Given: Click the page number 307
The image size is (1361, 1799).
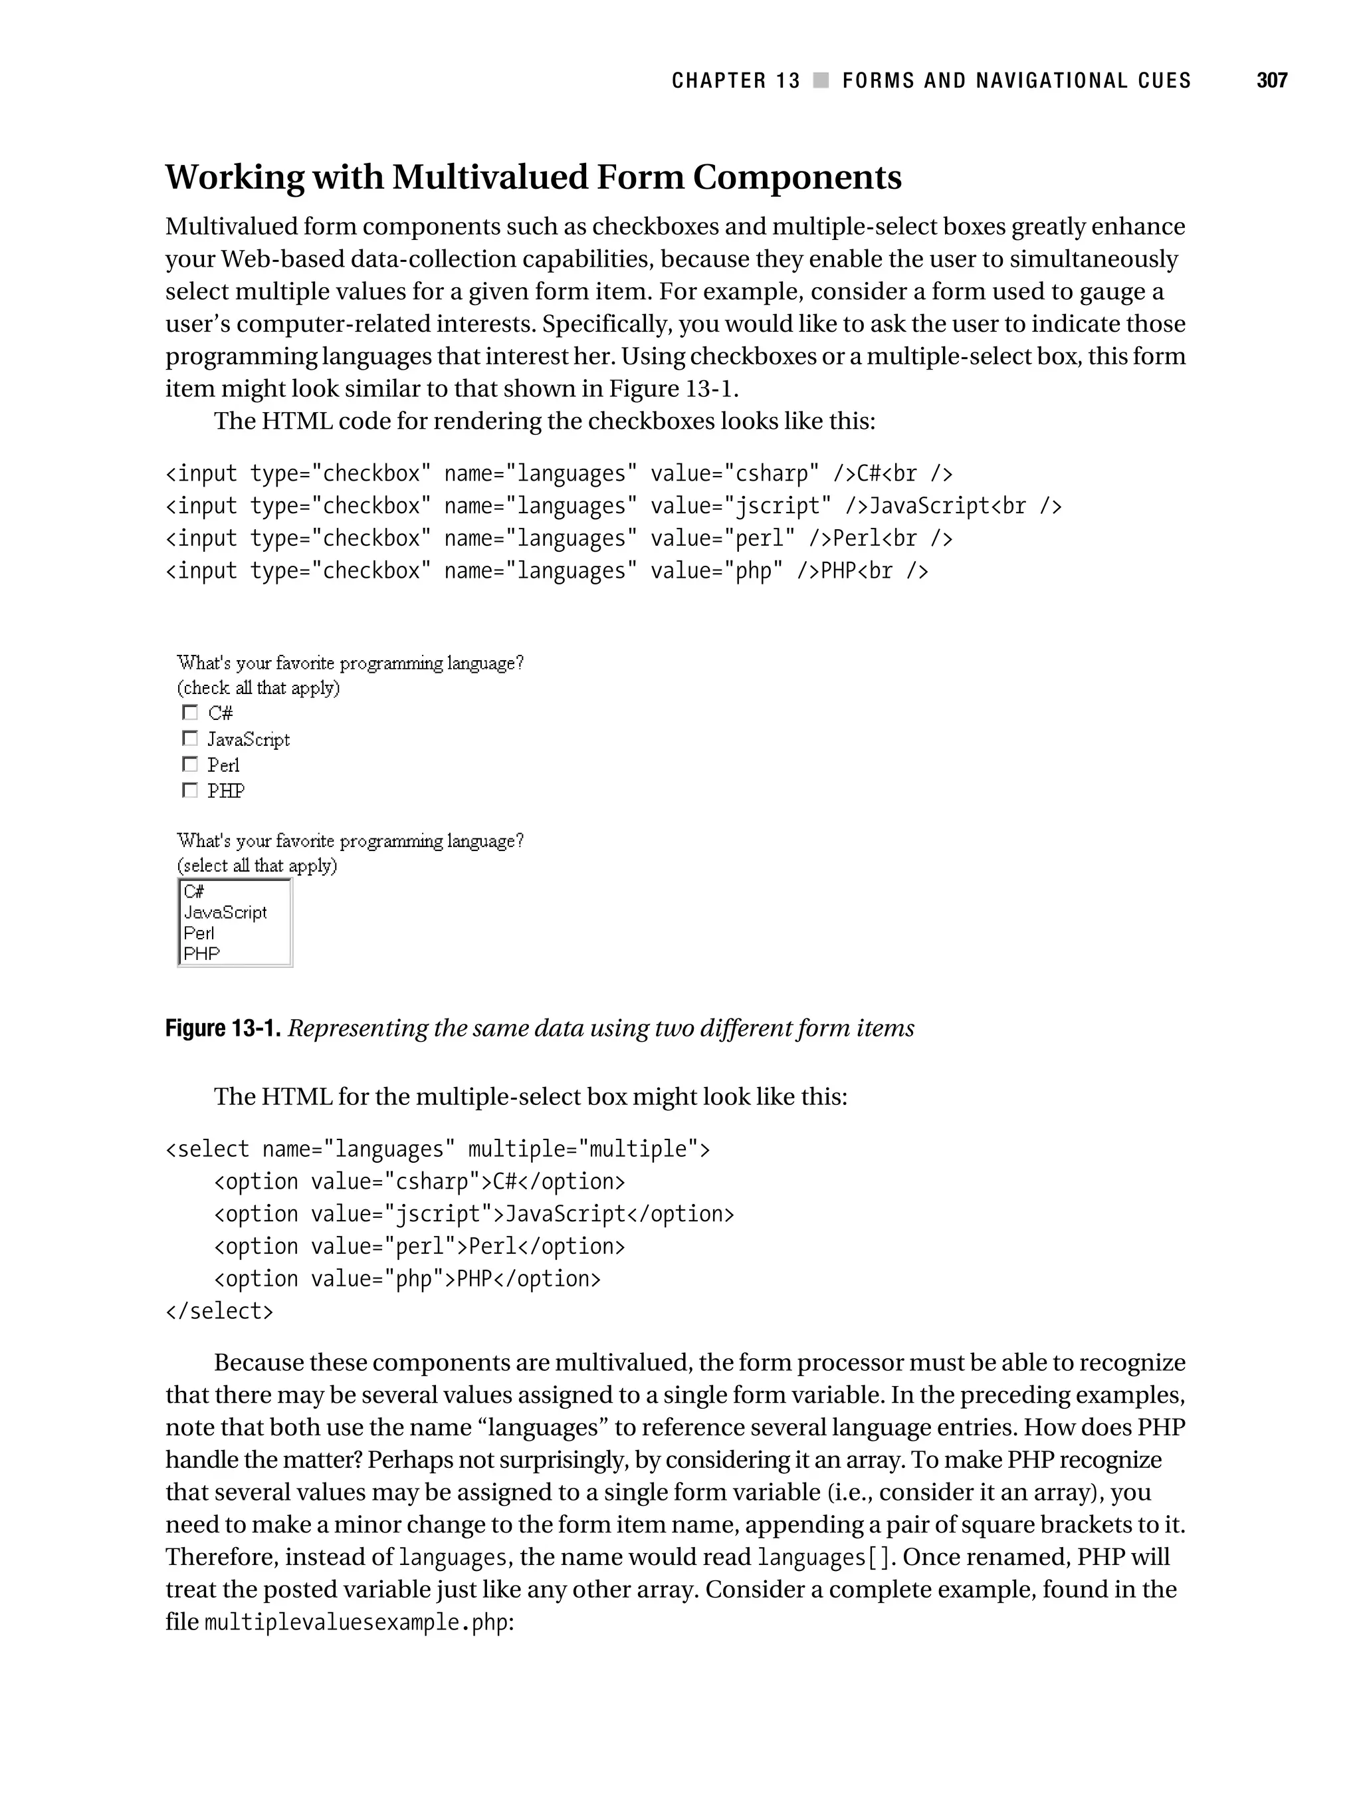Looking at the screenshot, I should coord(1271,80).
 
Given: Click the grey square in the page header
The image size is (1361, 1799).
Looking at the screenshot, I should coord(821,80).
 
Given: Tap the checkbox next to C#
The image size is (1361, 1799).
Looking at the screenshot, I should coord(189,713).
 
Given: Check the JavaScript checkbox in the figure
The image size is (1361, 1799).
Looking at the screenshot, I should coord(189,739).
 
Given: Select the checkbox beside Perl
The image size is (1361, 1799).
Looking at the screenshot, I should coord(189,765).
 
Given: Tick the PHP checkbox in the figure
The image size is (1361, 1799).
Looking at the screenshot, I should coord(189,790).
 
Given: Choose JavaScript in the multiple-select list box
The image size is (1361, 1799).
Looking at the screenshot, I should coord(225,913).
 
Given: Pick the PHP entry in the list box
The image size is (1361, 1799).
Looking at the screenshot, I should coord(201,954).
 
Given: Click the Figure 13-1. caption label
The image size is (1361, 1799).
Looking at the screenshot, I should coord(223,1029).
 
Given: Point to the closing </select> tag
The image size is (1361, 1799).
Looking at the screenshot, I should coord(219,1312).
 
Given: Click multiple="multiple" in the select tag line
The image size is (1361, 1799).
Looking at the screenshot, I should coord(582,1149).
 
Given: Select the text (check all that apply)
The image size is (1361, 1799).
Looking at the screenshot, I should coord(259,688).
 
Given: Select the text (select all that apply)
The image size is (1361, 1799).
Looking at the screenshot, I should coord(257,866).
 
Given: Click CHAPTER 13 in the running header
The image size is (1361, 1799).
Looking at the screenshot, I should coord(736,80).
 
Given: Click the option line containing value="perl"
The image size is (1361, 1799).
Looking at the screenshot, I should coord(419,1247).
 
